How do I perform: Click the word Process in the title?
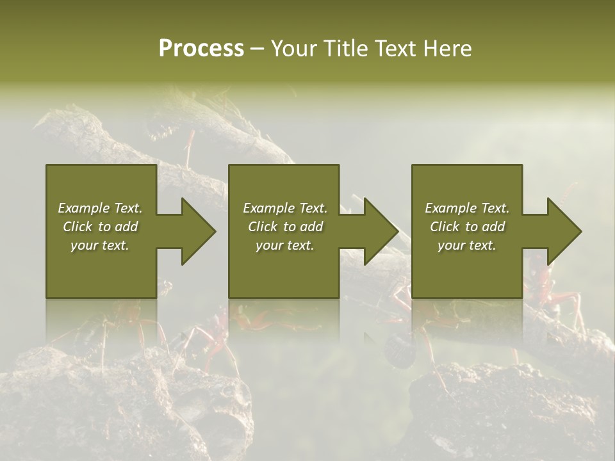tap(201, 49)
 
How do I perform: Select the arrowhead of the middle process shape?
tap(380, 231)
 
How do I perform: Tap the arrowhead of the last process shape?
tap(563, 231)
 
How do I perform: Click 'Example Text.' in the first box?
tap(100, 208)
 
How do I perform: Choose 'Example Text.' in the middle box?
tap(284, 208)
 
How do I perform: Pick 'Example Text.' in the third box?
tap(467, 208)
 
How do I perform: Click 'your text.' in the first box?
tap(100, 245)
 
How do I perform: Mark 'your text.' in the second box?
tap(284, 245)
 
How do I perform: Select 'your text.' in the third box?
tap(467, 245)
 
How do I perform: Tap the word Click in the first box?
tap(78, 227)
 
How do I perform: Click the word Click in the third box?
tap(445, 227)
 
